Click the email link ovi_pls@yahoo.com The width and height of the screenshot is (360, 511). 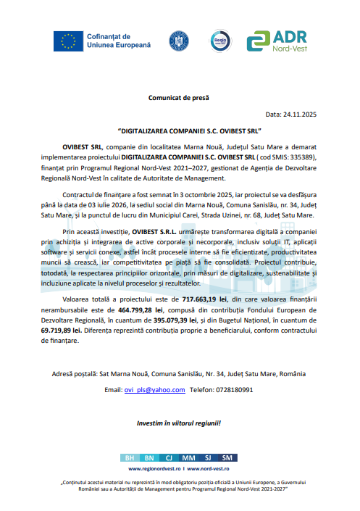[156, 389]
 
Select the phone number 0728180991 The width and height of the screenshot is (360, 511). [232, 389]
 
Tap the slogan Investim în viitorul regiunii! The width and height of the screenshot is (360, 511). [179, 423]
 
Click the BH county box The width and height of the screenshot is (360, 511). [130, 458]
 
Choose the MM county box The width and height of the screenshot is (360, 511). [188, 458]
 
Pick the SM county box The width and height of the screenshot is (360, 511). [227, 458]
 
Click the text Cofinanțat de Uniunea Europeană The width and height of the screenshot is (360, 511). [120, 41]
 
